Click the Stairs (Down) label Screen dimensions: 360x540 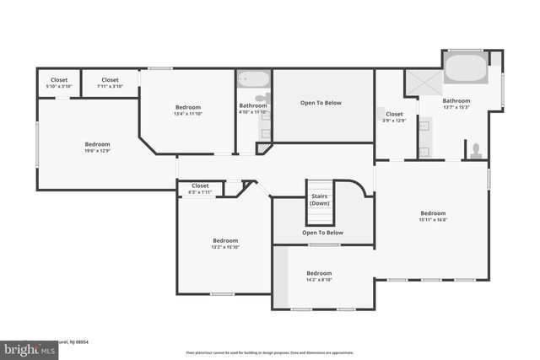[x=320, y=200]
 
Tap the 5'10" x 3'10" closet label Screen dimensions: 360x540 [x=59, y=83]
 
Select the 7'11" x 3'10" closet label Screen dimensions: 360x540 [x=110, y=83]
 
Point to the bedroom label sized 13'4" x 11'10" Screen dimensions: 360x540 [x=188, y=110]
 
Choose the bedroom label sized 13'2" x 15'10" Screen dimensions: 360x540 [x=225, y=243]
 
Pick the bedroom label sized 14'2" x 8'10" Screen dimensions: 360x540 [x=319, y=277]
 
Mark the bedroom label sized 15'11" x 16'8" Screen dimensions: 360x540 [x=434, y=216]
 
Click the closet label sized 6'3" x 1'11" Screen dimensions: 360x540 [x=200, y=189]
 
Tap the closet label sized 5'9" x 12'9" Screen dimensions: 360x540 [x=395, y=116]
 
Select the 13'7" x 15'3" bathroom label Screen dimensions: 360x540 [x=456, y=103]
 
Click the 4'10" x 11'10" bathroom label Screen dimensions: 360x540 [x=253, y=108]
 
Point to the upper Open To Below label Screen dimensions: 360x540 [x=321, y=103]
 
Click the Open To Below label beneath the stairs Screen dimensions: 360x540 [x=323, y=233]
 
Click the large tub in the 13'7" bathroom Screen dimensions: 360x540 [x=465, y=69]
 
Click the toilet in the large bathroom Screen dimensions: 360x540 [x=476, y=151]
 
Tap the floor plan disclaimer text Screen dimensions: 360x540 [x=269, y=352]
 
